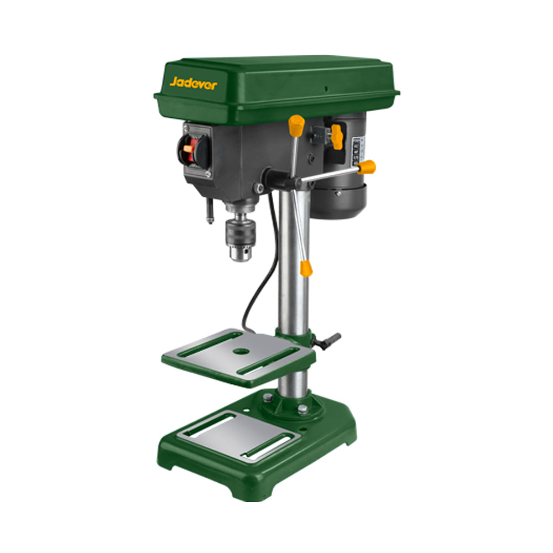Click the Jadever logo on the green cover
point(193,84)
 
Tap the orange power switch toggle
point(189,148)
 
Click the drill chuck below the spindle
point(239,237)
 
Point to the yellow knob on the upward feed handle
point(297,125)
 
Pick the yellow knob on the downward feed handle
point(306,269)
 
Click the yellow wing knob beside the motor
point(336,136)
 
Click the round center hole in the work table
point(240,351)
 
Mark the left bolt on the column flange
point(268,398)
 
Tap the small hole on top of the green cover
point(326,88)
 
